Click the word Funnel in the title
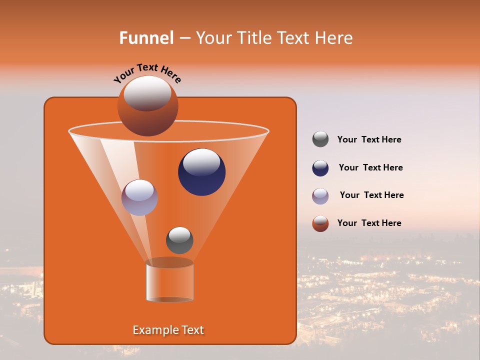146,38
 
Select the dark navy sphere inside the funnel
201,172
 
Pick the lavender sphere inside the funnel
139,197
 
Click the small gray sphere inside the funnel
179,240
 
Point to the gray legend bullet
320,139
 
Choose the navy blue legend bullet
320,167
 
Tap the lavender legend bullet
320,195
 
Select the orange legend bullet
320,223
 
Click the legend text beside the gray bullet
369,139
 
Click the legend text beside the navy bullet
370,167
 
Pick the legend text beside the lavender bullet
371,195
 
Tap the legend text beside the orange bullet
369,223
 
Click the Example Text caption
168,330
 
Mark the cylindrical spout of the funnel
169,281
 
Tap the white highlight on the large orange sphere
147,93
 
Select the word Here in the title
334,38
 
